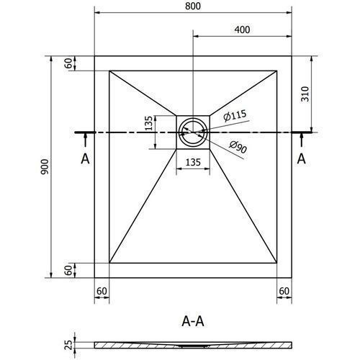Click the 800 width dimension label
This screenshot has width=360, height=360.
pyautogui.click(x=193, y=6)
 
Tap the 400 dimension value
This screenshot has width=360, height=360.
pyautogui.click(x=242, y=30)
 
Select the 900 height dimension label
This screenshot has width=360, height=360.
pyautogui.click(x=45, y=166)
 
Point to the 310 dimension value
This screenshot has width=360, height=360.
pyautogui.click(x=305, y=94)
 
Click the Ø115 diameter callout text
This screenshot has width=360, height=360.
pyautogui.click(x=235, y=115)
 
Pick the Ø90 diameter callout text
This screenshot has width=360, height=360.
pyautogui.click(x=238, y=147)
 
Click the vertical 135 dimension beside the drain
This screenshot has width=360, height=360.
pyautogui.click(x=149, y=123)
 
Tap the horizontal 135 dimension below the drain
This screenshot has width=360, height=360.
pyautogui.click(x=193, y=163)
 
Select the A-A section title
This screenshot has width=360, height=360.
pyautogui.click(x=193, y=321)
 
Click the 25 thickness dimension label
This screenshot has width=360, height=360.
pyautogui.click(x=69, y=345)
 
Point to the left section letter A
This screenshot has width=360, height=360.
pyautogui.click(x=85, y=158)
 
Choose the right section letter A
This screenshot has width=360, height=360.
pyautogui.click(x=302, y=158)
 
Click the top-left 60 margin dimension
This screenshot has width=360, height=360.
pyautogui.click(x=69, y=63)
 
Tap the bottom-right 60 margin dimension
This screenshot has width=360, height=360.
pyautogui.click(x=284, y=291)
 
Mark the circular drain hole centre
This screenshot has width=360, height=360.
pyautogui.click(x=193, y=132)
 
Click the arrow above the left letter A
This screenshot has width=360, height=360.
pyautogui.click(x=85, y=140)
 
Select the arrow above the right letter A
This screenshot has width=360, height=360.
pyautogui.click(x=302, y=140)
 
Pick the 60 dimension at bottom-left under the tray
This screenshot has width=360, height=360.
pyautogui.click(x=102, y=291)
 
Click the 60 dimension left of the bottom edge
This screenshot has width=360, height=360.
pyautogui.click(x=69, y=270)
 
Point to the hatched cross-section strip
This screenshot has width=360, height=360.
pyautogui.click(x=193, y=345)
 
